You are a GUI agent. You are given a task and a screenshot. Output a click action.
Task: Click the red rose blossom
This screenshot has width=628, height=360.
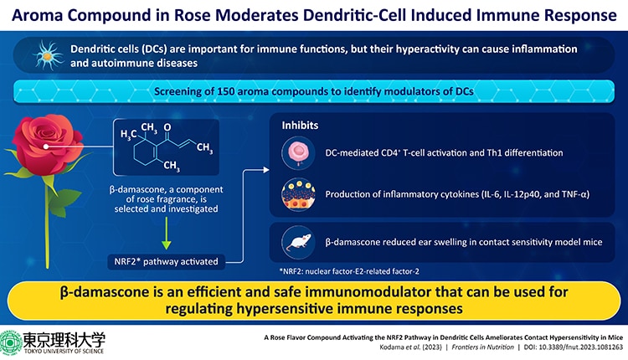click(47, 144)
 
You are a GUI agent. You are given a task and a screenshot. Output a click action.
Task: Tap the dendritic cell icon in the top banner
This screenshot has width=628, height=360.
click(48, 55)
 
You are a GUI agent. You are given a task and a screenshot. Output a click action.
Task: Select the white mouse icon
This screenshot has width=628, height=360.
click(298, 242)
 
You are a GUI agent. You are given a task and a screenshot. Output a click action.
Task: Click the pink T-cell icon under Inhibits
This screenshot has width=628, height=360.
click(298, 152)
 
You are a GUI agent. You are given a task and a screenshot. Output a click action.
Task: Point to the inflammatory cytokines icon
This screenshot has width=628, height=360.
click(298, 194)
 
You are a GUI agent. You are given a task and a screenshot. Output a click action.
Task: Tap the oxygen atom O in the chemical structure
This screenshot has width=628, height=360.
click(167, 127)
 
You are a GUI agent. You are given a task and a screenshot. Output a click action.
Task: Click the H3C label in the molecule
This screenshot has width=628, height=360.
click(129, 135)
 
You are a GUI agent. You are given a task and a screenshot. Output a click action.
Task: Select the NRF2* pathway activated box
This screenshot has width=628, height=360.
click(167, 262)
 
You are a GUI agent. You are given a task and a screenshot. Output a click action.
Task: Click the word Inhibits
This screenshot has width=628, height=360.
click(300, 126)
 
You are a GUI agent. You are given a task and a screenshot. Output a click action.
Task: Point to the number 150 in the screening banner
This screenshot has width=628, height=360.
click(226, 91)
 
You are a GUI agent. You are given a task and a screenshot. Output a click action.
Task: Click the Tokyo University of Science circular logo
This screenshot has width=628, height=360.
click(11, 342)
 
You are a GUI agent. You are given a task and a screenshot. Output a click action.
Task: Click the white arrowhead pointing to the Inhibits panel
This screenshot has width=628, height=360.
click(266, 170)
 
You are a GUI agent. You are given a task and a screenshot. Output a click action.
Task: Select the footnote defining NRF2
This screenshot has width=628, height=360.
click(349, 271)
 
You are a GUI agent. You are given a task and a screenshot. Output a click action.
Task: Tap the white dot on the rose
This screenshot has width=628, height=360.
click(46, 147)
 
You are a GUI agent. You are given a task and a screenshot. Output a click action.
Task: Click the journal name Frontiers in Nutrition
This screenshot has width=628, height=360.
click(482, 347)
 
